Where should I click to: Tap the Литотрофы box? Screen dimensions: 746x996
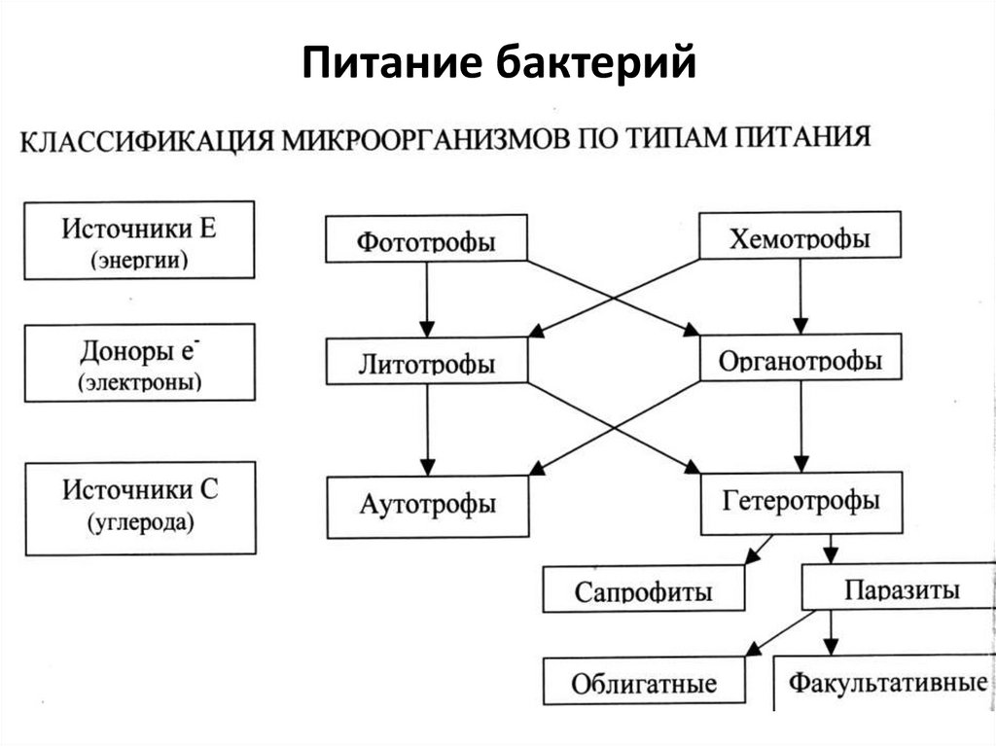tap(426, 363)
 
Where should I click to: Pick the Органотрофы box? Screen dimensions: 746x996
tap(800, 360)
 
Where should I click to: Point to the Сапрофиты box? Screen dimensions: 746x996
tap(643, 590)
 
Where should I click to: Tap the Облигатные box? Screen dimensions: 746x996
tap(643, 682)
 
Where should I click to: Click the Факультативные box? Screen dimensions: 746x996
tap(885, 682)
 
